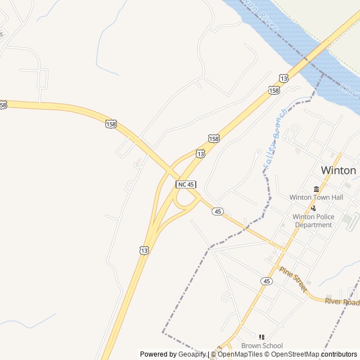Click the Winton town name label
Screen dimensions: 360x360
tap(338, 170)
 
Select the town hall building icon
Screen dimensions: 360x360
tap(316, 189)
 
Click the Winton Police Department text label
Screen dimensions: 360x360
tap(313, 220)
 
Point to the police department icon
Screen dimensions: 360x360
tap(313, 208)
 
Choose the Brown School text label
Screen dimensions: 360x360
tap(262, 345)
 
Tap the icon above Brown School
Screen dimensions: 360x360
tap(262, 337)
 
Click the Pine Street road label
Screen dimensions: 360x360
tap(292, 279)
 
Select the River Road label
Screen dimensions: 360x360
tap(342, 302)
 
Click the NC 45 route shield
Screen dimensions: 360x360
tap(186, 184)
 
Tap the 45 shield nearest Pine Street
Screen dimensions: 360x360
tap(266, 280)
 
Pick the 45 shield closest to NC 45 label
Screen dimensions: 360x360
tap(218, 211)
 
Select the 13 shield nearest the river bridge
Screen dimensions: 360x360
tap(283, 78)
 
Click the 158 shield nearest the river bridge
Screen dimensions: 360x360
tap(274, 90)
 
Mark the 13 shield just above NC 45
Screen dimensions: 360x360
tap(201, 154)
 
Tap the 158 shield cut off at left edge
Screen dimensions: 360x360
tap(3, 105)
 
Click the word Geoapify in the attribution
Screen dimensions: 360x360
tap(192, 354)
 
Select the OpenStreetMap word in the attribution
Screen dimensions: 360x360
tap(292, 354)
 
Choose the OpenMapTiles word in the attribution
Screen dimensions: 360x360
tap(240, 354)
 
